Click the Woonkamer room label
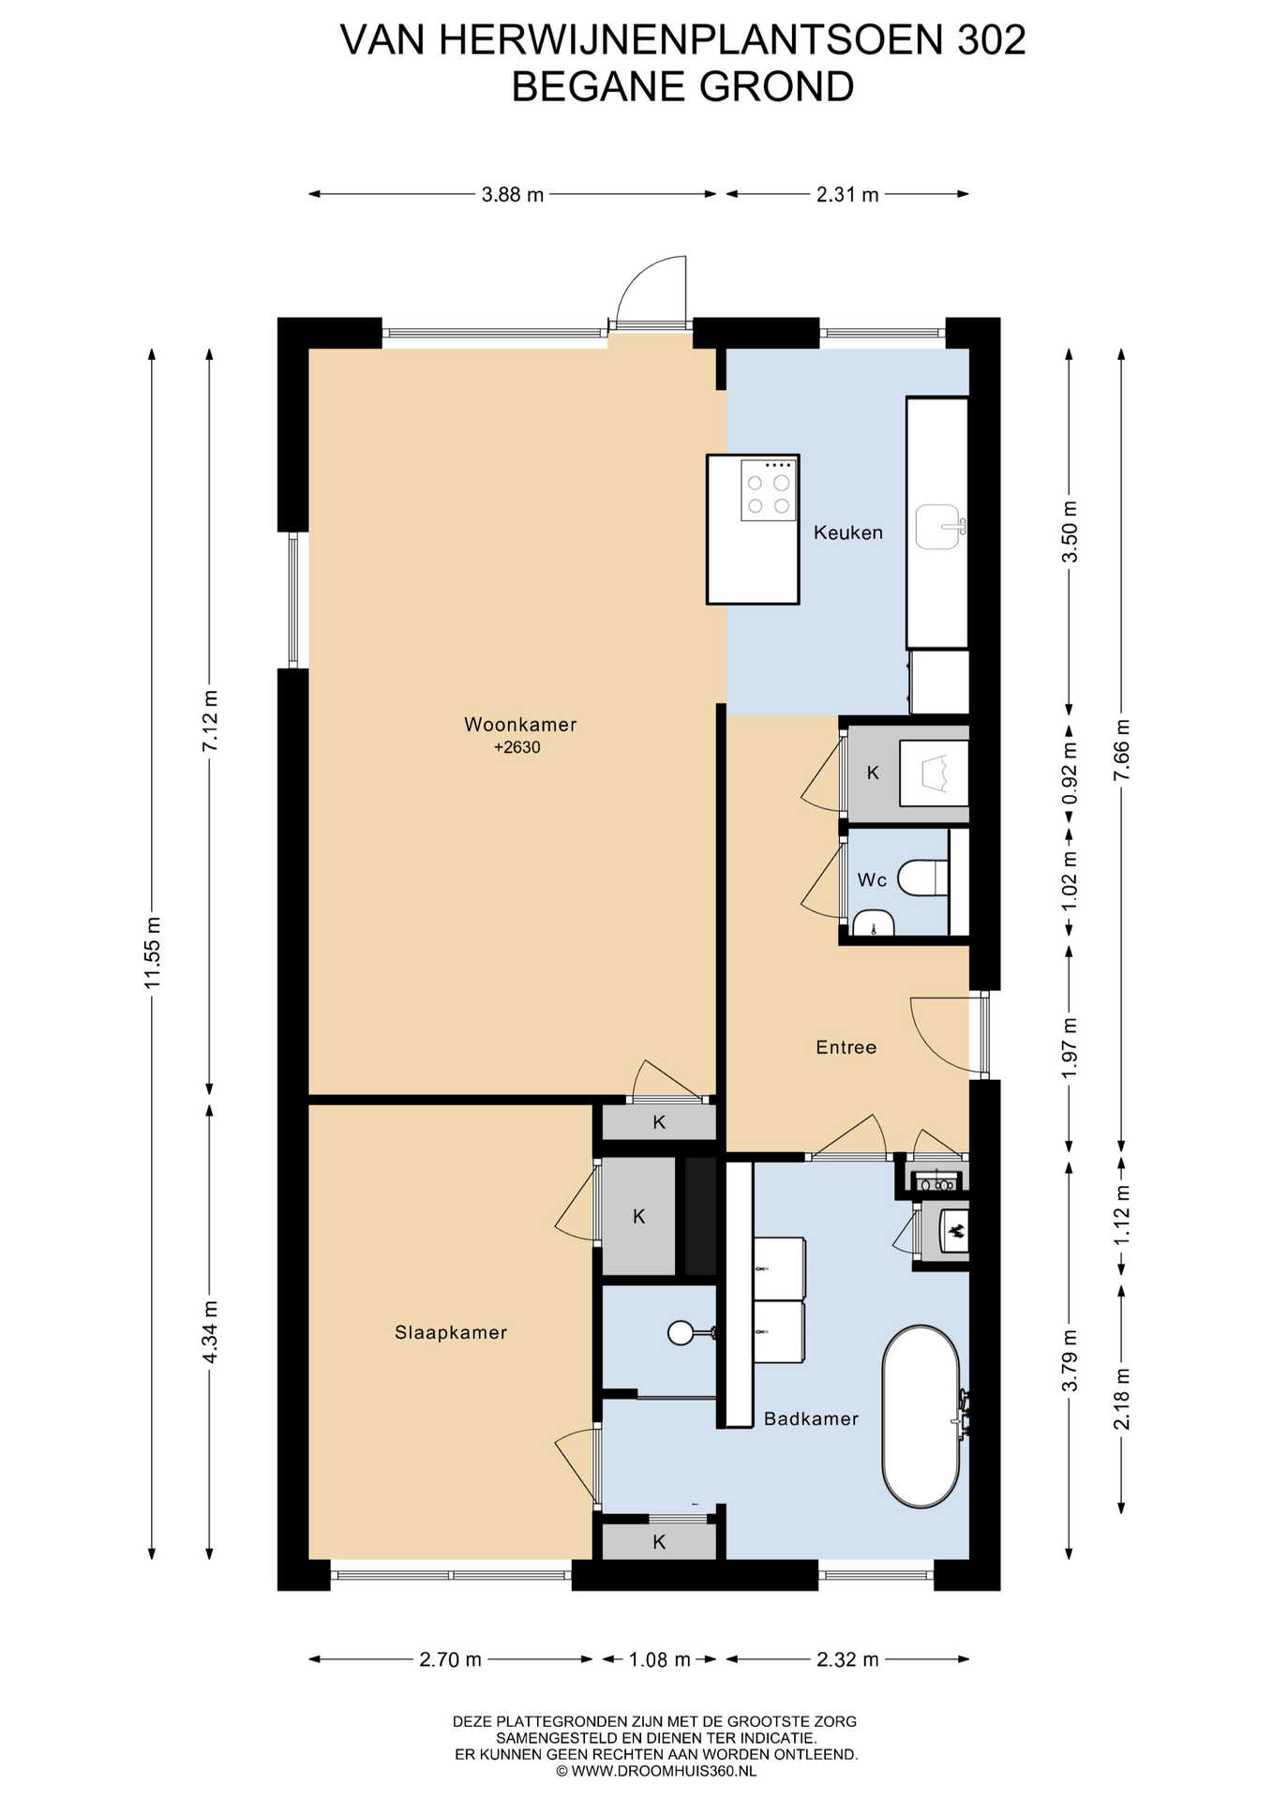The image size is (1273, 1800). (x=520, y=725)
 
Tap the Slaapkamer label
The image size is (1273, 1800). (x=451, y=1332)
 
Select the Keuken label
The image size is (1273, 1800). (x=848, y=532)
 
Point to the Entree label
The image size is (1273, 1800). (x=846, y=1047)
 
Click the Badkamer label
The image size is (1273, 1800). (x=811, y=1418)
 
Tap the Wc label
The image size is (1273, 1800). (x=872, y=879)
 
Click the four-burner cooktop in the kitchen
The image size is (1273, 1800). (x=768, y=489)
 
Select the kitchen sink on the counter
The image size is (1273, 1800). (x=939, y=527)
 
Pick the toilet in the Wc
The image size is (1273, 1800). (x=923, y=879)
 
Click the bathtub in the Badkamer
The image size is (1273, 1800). (x=921, y=1417)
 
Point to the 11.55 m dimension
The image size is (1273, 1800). (x=153, y=952)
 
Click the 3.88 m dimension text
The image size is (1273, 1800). (x=513, y=195)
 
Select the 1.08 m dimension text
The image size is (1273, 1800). (x=659, y=1659)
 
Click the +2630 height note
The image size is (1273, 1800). (x=517, y=747)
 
